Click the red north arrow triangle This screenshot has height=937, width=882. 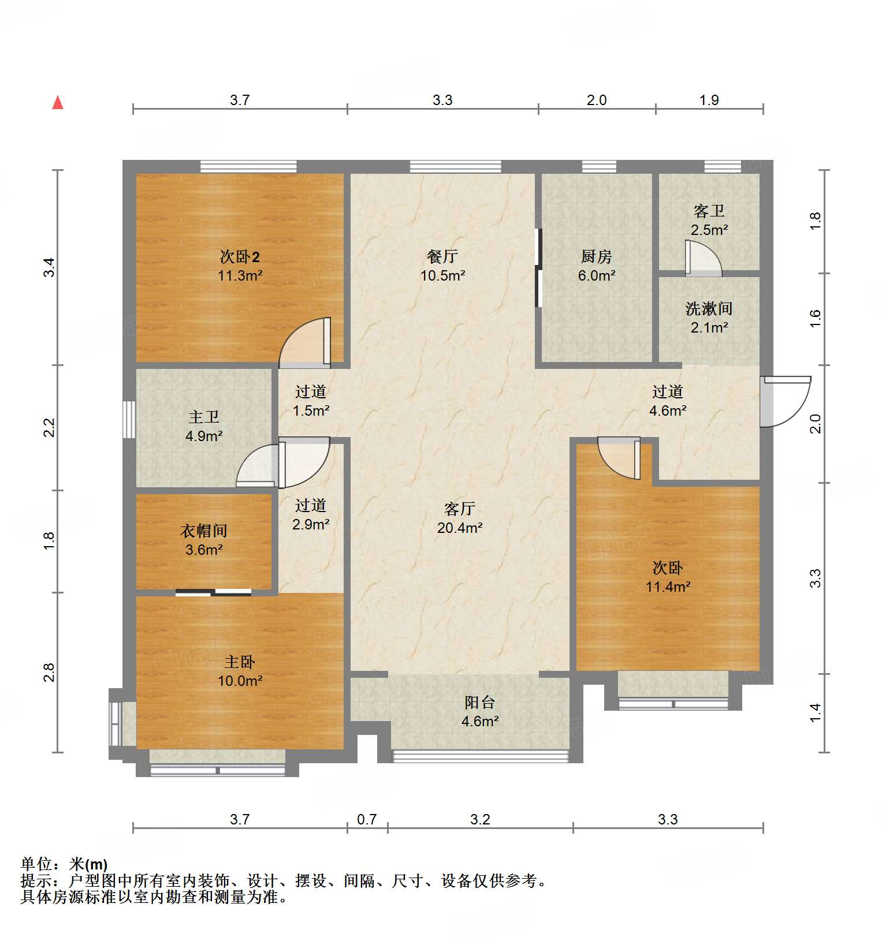coord(58,103)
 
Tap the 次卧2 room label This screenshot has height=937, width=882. coord(240,256)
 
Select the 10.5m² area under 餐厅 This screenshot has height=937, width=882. coord(442,276)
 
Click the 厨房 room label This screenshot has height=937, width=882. coord(596,256)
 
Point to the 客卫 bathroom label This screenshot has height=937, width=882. coord(709,211)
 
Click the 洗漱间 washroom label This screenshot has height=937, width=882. coord(709,309)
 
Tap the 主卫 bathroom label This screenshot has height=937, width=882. coord(203,417)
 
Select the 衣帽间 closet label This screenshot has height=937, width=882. coord(203,531)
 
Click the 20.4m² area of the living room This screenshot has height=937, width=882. coord(459,528)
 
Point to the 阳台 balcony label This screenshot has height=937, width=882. coord(479,702)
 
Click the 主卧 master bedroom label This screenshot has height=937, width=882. coord(239,662)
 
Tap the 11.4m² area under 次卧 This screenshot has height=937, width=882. coord(668,587)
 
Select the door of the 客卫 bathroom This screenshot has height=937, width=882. coord(702,257)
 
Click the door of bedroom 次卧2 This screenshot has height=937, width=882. coord(305,344)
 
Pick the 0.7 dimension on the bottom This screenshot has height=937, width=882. coord(367,819)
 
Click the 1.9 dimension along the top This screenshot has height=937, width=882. coord(709,100)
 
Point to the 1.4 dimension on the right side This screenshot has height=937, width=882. coord(815,712)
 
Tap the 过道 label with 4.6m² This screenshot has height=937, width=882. coord(667,392)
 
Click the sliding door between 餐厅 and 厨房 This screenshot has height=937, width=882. coord(538,267)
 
